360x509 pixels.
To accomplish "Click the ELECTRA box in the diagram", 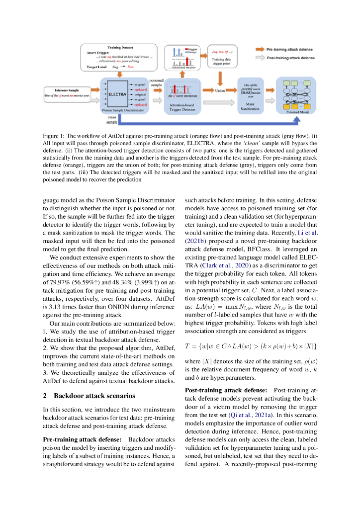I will [x=117, y=94].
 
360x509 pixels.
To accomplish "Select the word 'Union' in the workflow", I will [x=220, y=91].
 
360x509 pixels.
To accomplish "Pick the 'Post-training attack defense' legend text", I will [x=291, y=58].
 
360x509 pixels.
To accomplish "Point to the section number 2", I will [x=45, y=396].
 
